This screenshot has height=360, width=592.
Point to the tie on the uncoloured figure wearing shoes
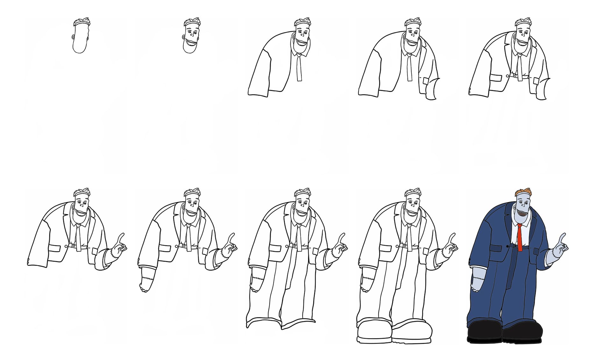point(410,237)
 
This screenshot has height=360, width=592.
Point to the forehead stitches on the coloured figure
point(522,196)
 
